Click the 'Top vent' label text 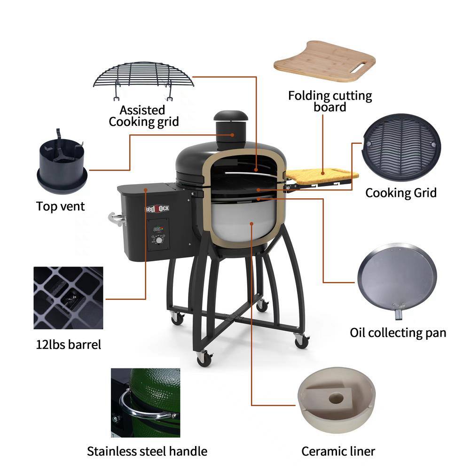[x=61, y=206]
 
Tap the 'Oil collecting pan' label [x=398, y=333]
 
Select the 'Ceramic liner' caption [x=338, y=452]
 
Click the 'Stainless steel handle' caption [x=147, y=452]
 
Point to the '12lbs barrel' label [x=69, y=345]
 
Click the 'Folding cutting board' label [x=330, y=102]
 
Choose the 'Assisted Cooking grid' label [x=143, y=116]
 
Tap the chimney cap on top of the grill [x=230, y=116]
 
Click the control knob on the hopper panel [x=160, y=240]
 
